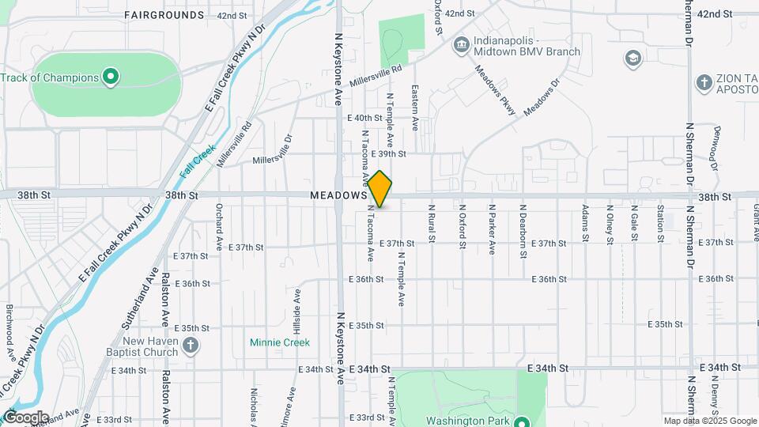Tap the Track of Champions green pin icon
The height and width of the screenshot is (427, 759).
[111, 77]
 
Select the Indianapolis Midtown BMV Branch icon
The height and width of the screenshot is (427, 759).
[460, 46]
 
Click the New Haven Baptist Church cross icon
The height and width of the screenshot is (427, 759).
[190, 345]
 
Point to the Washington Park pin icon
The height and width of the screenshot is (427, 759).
[523, 421]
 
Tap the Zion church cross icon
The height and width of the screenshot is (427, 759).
[704, 82]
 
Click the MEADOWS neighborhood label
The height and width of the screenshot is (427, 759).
[338, 195]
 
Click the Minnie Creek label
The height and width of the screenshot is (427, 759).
[280, 342]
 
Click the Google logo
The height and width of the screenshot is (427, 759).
[26, 418]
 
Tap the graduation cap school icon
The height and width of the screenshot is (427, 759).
[632, 58]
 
